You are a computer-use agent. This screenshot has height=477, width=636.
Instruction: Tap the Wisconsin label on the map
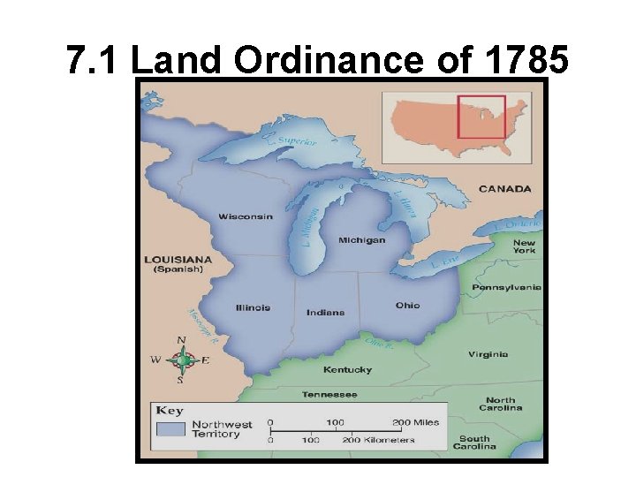pos(246,216)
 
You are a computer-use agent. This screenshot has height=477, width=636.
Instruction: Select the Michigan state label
pos(362,240)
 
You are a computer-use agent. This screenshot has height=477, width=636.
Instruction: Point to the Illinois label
pos(253,308)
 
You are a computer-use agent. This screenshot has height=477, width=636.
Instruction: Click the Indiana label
pos(326,313)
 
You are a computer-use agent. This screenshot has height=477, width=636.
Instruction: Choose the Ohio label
pos(408,306)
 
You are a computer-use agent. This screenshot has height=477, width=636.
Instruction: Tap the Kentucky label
pos(347,369)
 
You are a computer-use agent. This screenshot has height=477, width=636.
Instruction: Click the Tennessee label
pos(329,394)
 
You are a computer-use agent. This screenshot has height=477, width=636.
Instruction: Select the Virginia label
pos(488,354)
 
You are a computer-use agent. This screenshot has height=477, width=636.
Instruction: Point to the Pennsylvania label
pos(506,287)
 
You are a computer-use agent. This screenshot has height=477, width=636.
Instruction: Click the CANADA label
pos(505,188)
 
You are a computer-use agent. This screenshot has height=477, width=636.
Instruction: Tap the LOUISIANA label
pos(178,259)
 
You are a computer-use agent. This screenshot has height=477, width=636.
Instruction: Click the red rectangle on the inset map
pos(481,117)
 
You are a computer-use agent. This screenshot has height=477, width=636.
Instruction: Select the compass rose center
pos(181,360)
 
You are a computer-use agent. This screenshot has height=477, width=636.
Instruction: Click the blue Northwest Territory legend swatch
pos(170,428)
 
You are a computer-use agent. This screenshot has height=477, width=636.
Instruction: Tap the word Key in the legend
pos(170,410)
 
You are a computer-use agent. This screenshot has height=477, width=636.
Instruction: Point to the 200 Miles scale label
pos(416,422)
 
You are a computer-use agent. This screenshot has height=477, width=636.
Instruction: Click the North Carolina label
pos(501,404)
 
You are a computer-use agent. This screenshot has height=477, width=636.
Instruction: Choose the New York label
pos(524,246)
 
